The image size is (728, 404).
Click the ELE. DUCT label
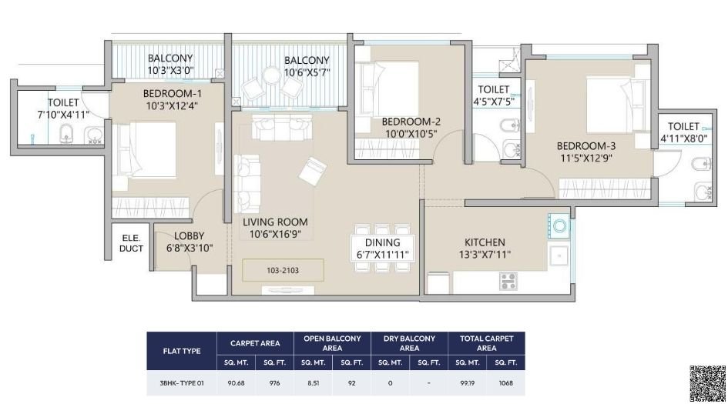tap(132, 243)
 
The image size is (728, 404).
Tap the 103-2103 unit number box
tap(283, 269)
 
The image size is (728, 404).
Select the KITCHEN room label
tap(485, 242)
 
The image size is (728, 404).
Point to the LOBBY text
tap(189, 236)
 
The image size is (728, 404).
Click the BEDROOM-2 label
tap(411, 121)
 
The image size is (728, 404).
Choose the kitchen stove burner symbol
tap(508, 281)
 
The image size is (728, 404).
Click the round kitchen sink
tap(560, 226)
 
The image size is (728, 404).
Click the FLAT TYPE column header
tap(182, 351)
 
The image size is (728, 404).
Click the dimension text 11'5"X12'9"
tap(587, 158)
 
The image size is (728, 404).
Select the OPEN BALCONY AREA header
tap(332, 343)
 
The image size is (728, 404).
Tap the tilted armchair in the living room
tap(314, 170)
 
